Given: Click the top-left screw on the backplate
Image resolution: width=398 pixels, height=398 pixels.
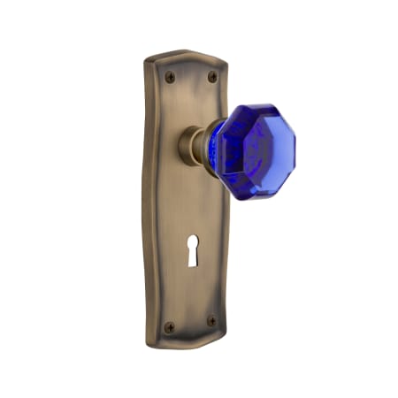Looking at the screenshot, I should tap(171, 78).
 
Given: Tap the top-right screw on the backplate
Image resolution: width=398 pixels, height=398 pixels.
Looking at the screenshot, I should tap(211, 77).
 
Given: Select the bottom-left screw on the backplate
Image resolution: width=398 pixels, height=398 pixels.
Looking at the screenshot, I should tap(171, 326).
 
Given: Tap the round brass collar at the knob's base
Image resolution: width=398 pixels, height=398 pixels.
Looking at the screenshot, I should tap(190, 146).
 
